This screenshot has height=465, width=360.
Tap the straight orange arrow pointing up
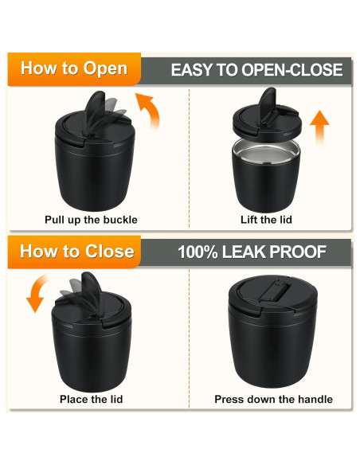point(319,127)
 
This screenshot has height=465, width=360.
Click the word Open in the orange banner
point(105,68)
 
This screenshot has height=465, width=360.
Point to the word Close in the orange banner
point(109,252)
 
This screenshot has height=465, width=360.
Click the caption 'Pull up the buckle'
point(91,220)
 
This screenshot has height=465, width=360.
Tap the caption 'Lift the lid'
point(266,220)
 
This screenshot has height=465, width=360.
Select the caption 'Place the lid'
point(91,399)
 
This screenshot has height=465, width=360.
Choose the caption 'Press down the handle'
point(273,399)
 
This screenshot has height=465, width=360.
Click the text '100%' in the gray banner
point(198,252)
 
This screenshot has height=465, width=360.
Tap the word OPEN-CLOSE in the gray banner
point(292,70)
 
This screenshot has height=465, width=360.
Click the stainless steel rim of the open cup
point(266,150)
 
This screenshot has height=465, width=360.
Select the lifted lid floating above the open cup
point(266,118)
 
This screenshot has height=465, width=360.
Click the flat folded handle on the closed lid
point(274,291)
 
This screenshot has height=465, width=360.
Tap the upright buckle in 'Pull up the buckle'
point(95,110)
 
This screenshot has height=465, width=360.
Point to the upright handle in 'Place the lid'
point(91,292)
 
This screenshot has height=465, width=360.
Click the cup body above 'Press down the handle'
point(273,347)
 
